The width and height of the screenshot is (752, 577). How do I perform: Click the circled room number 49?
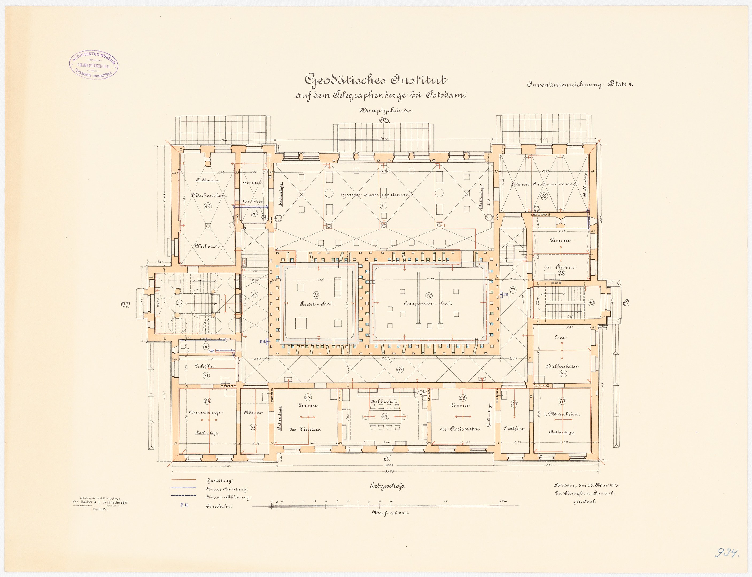click(x=207, y=206)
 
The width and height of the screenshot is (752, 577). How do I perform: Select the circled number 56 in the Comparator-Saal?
click(x=428, y=296)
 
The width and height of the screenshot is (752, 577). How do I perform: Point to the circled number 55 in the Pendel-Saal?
click(x=316, y=295)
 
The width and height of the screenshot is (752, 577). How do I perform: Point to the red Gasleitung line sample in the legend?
click(x=184, y=480)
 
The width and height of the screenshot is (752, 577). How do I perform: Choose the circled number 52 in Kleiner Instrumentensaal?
click(x=544, y=196)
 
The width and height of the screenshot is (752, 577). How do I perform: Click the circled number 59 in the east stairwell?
click(x=591, y=303)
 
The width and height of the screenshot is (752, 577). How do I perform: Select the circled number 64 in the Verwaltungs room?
click(x=207, y=401)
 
